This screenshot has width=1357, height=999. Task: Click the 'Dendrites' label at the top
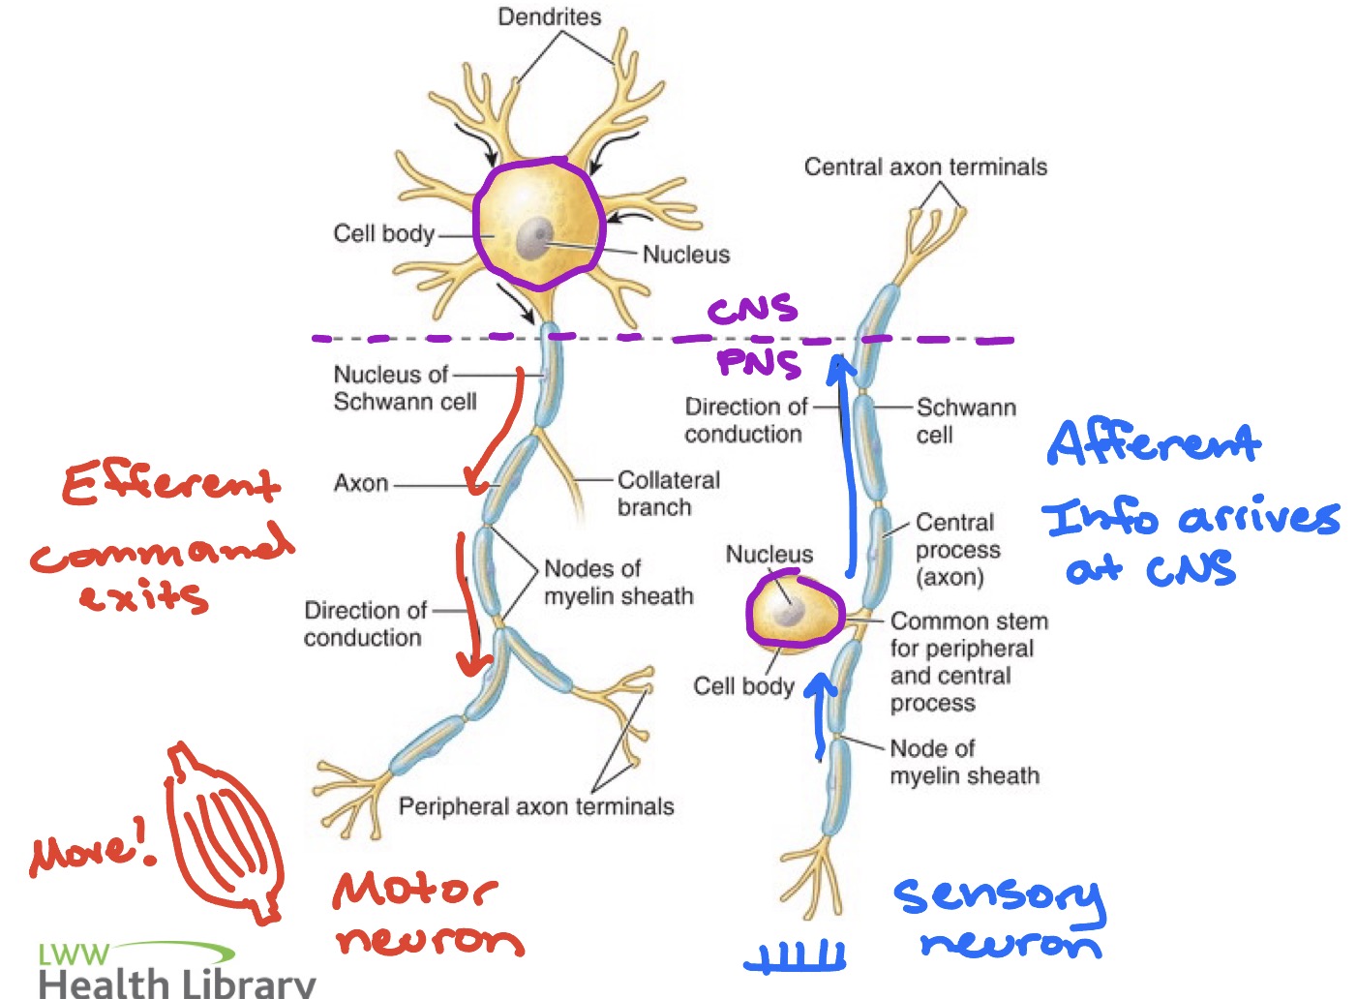(x=549, y=16)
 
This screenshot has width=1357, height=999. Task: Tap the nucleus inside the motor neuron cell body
(x=533, y=238)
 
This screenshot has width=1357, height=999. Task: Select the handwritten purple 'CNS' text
(x=752, y=310)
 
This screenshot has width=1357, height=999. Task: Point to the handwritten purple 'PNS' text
(x=759, y=362)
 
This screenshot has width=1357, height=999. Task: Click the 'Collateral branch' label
(x=668, y=494)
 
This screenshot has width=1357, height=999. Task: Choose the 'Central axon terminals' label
(x=925, y=167)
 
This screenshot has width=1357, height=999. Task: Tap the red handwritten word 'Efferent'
(x=171, y=483)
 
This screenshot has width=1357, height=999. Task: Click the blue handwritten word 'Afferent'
(x=1154, y=444)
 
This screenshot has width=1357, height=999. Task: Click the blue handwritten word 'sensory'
(x=998, y=895)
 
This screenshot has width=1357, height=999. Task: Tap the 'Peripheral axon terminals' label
(x=536, y=806)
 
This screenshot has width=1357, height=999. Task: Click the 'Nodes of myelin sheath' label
(x=618, y=582)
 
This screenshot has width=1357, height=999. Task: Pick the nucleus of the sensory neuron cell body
(x=789, y=609)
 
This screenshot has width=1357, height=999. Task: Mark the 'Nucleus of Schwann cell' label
(x=405, y=387)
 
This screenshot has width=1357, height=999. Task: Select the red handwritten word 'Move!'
(x=92, y=849)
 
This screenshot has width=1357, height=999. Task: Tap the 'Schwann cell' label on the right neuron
(x=965, y=420)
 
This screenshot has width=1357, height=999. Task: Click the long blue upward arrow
(x=850, y=465)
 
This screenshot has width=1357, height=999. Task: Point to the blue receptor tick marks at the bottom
(x=796, y=957)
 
